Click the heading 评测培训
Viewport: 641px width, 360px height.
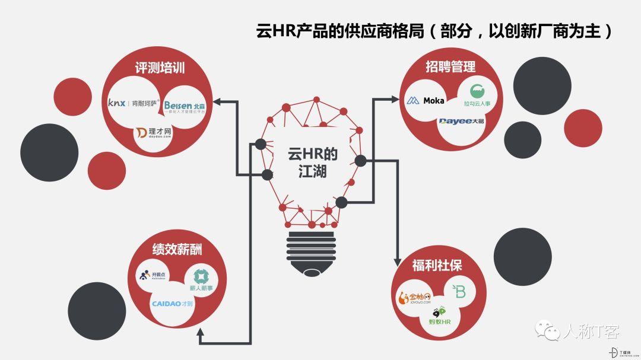click(160, 68)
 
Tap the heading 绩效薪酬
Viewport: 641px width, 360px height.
click(177, 249)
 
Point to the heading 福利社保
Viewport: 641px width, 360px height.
click(437, 265)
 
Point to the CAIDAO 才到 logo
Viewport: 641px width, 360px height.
click(173, 304)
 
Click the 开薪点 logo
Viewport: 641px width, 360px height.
click(152, 276)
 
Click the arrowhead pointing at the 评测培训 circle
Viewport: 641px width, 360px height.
click(217, 101)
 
